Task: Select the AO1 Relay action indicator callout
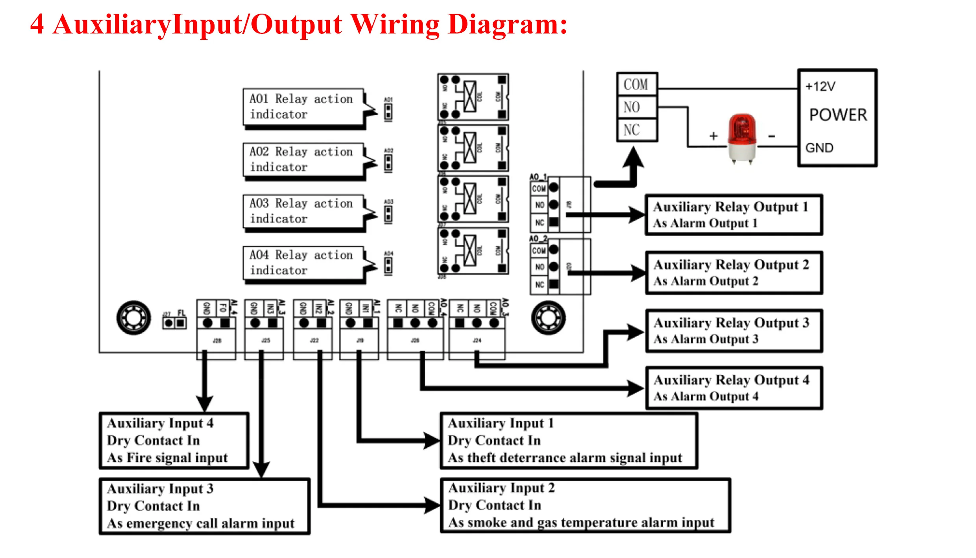pos(302,107)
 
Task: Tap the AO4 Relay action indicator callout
pos(302,263)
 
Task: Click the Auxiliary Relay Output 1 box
pos(734,215)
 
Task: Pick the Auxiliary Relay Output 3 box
pos(734,331)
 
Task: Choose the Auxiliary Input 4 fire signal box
pos(174,441)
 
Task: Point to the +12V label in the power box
pos(820,87)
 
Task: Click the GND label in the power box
pos(819,148)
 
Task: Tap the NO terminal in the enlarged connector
pos(632,107)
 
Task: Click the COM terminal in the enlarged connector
pos(636,85)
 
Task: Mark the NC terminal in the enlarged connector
pos(632,130)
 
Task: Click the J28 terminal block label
pos(217,340)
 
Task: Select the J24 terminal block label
pos(477,340)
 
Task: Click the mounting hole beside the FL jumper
pos(134,318)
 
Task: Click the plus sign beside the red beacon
pos(714,136)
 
